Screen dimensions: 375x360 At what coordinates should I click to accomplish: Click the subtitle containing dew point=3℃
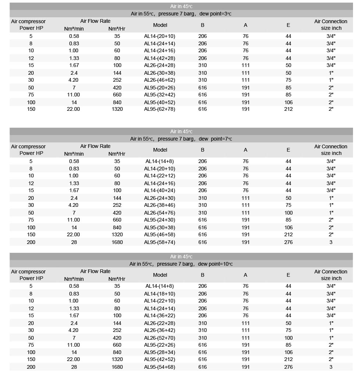pos(181,14)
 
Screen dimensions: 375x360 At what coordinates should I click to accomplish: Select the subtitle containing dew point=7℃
pos(181,139)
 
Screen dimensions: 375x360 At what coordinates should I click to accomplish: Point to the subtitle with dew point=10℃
pos(181,264)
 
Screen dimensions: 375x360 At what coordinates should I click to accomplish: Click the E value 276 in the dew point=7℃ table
pos(288,242)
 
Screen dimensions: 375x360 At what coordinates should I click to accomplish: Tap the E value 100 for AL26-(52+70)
pos(288,338)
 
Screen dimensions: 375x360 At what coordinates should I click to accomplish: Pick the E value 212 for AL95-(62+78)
pos(288,109)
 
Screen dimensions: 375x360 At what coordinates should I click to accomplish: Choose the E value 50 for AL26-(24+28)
pos(288,65)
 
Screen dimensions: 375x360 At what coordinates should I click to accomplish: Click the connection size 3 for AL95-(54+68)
pos(331,367)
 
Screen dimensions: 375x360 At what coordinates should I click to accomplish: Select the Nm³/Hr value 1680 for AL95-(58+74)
pos(117,242)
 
